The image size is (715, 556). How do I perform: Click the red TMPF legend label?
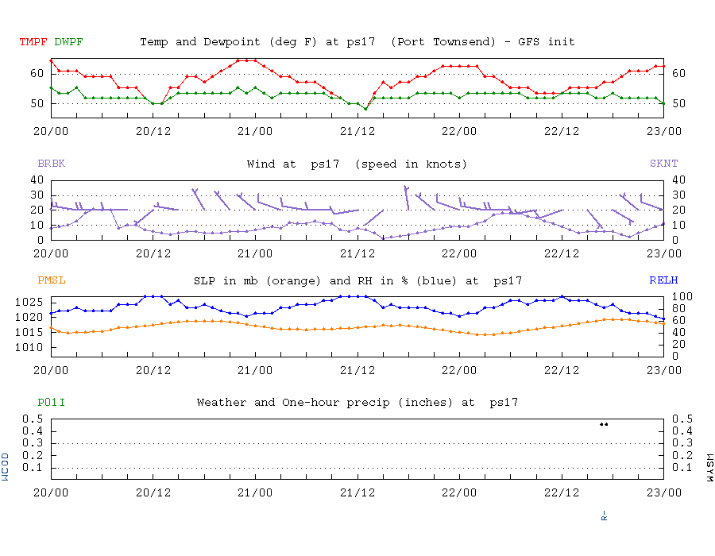34,41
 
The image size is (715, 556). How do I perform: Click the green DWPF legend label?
68,41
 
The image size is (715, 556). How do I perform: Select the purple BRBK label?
51,164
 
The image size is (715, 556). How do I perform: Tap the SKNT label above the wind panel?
663,164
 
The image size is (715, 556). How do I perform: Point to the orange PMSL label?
51,280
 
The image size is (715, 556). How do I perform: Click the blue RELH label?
663,280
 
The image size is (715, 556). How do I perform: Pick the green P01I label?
51,403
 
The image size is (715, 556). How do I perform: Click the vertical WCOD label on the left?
6,467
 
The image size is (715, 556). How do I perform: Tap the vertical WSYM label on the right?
709,467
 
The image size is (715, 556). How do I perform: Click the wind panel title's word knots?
442,164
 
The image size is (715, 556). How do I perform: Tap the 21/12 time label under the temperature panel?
357,131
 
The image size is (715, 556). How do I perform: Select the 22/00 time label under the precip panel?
459,492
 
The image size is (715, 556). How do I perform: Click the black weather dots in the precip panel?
604,424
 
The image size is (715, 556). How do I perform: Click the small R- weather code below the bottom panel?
605,516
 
